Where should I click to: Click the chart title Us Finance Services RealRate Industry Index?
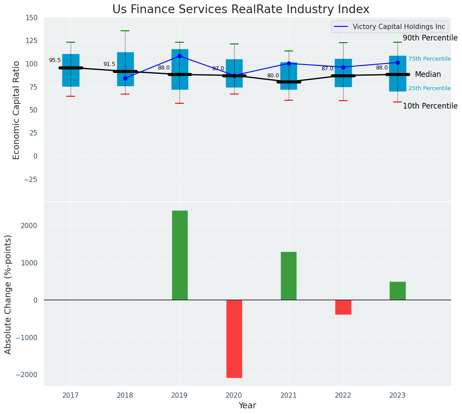pyautogui.click(x=241, y=9)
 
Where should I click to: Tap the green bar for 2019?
pyautogui.click(x=179, y=255)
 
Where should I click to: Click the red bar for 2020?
pyautogui.click(x=234, y=338)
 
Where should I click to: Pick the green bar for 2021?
pyautogui.click(x=289, y=276)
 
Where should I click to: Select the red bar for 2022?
pyautogui.click(x=343, y=307)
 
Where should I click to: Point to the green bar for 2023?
pyautogui.click(x=398, y=291)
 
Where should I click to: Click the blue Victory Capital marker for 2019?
pyautogui.click(x=179, y=56)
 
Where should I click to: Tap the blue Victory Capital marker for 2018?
pyautogui.click(x=125, y=78)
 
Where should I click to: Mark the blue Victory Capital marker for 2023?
pyautogui.click(x=398, y=62)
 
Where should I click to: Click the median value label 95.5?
pyautogui.click(x=55, y=60)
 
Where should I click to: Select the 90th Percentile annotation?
pyautogui.click(x=430, y=38)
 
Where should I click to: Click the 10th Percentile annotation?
pyautogui.click(x=430, y=106)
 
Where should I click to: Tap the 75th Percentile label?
pyautogui.click(x=430, y=59)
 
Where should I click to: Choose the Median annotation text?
pyautogui.click(x=428, y=74)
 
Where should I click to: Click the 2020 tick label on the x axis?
pyautogui.click(x=234, y=396)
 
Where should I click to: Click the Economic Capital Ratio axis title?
pyautogui.click(x=17, y=110)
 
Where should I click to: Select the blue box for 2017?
pyautogui.click(x=71, y=70)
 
